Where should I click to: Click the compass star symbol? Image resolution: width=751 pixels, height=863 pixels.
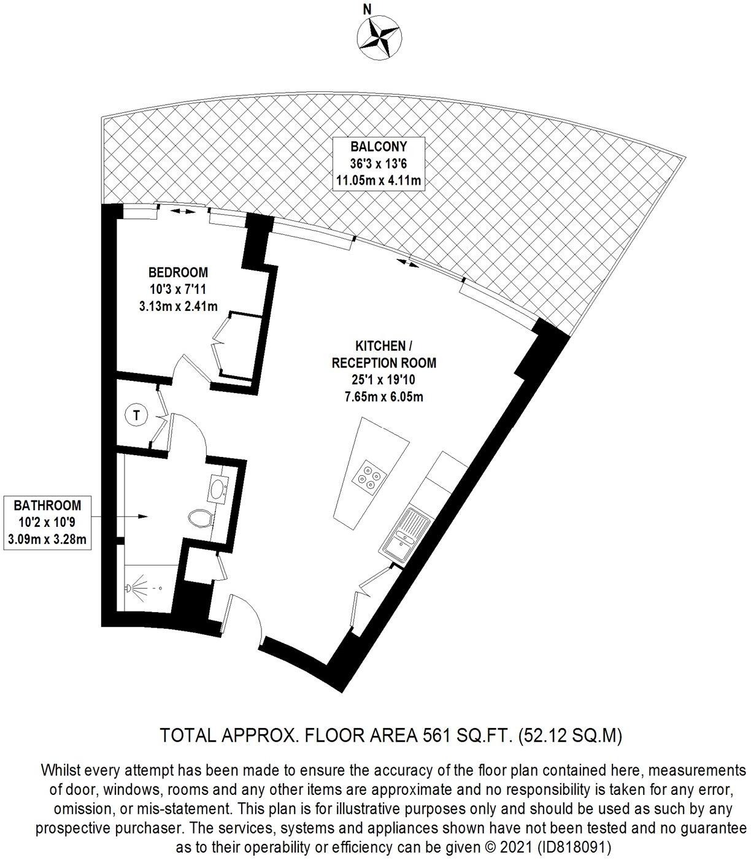point(379,38)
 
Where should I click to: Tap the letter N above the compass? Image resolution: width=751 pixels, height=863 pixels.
point(368,9)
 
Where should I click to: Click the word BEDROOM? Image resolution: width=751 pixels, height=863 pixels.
point(178,272)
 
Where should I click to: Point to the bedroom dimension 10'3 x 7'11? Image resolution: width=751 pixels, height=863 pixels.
point(178,289)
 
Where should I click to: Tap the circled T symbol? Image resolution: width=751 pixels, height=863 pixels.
point(137,415)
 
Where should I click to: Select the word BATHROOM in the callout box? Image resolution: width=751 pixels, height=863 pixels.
point(47,505)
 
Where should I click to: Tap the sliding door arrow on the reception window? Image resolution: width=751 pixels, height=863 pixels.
point(407,263)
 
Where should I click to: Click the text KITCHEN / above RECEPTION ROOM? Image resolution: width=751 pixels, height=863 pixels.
point(380,346)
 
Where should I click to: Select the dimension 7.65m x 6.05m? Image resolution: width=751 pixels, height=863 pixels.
point(383,397)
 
